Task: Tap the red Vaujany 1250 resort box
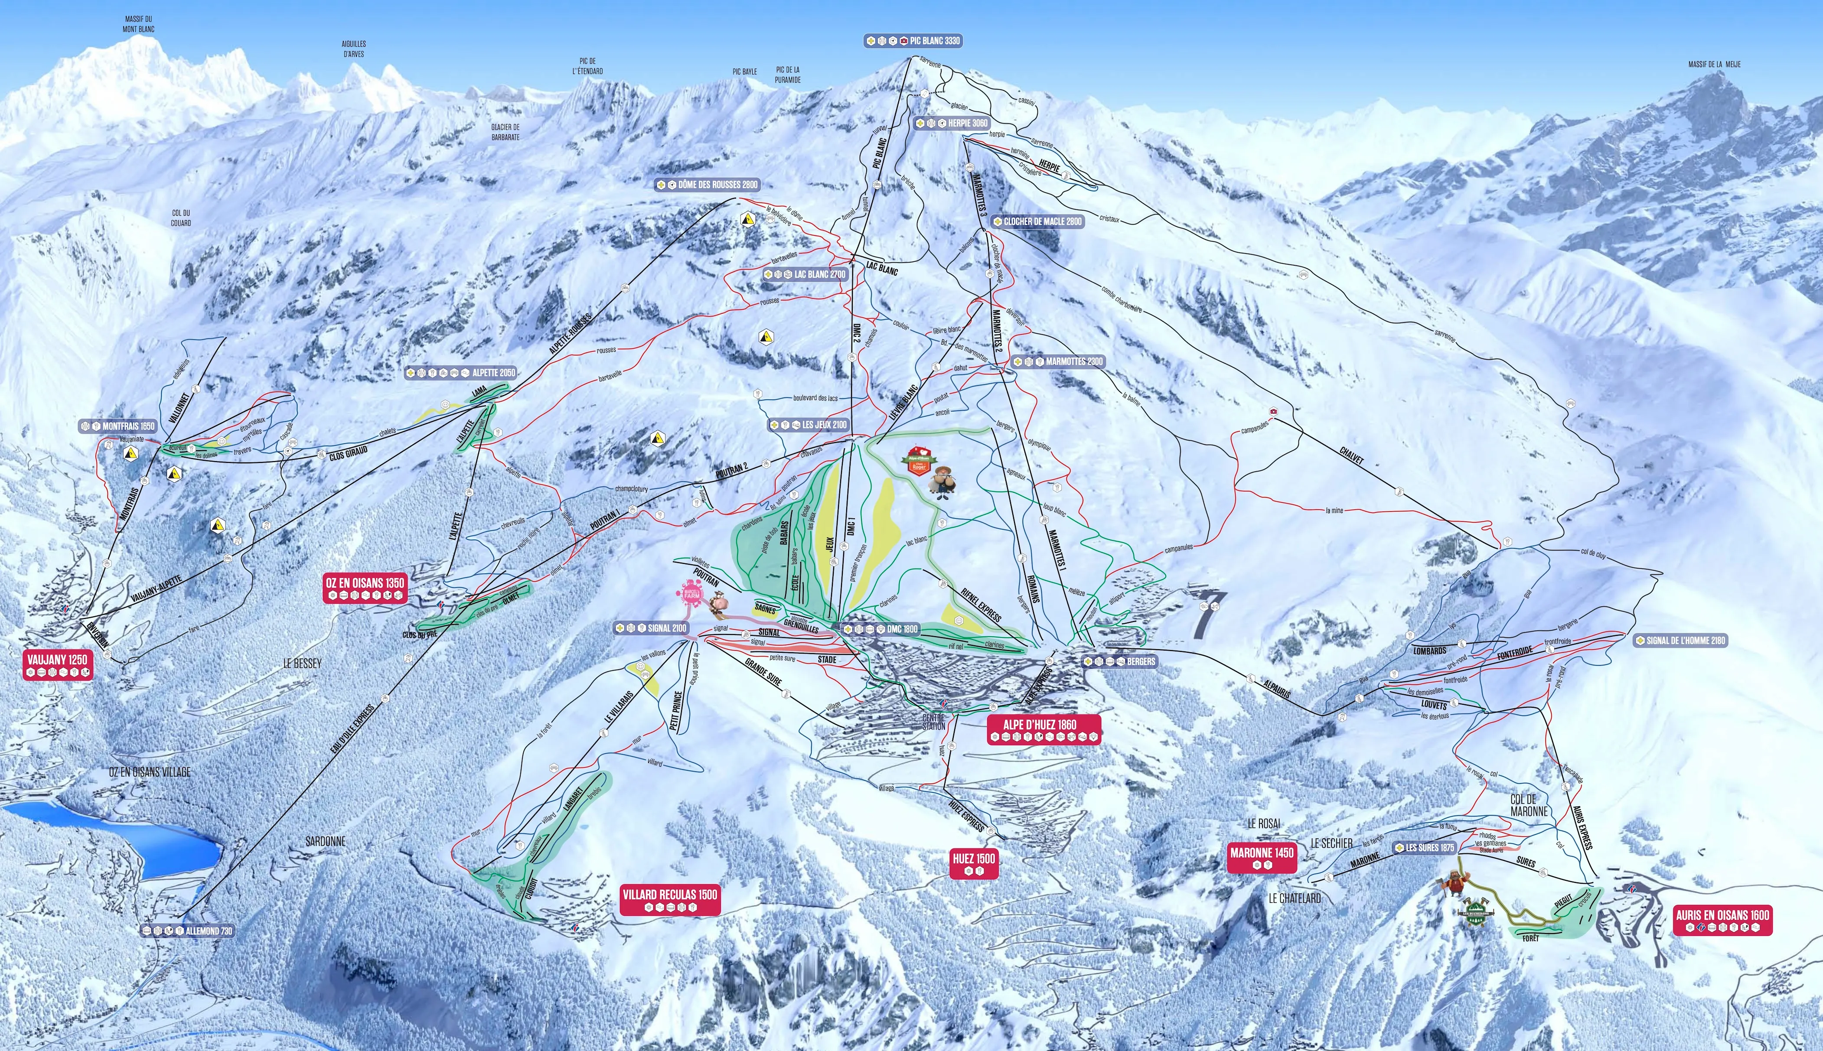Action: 57,665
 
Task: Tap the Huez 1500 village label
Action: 973,863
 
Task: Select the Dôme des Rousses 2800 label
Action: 708,185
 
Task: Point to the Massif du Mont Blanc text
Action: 138,24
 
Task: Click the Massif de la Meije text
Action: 1714,64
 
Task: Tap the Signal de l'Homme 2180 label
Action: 1680,640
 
